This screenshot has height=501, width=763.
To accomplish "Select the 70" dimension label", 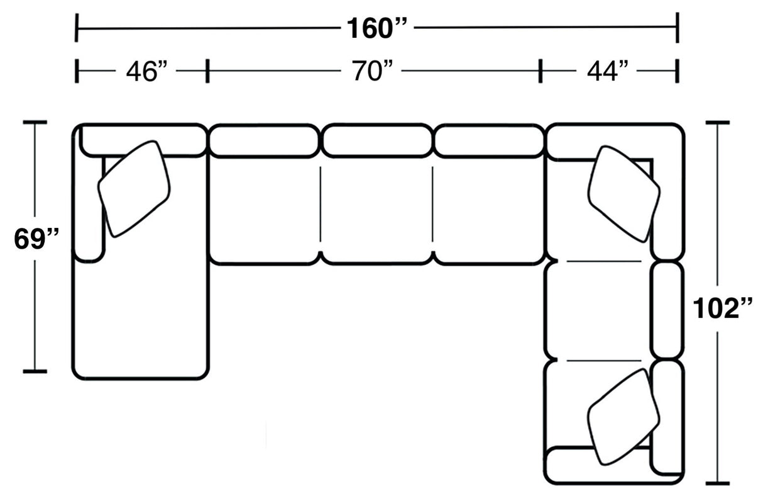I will click(376, 72).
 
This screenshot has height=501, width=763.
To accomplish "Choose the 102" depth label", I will click(722, 309).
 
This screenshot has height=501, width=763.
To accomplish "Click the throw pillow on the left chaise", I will click(134, 188).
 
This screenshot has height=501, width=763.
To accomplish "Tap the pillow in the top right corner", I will click(623, 193).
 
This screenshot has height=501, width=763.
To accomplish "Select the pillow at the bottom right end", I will click(623, 417).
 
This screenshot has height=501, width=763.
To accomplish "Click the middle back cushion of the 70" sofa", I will click(377, 141).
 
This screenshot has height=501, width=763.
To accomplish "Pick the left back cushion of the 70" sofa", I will click(264, 141).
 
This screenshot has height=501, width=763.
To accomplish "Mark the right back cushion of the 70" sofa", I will click(488, 141).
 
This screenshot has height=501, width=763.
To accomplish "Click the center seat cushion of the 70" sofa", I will click(376, 211).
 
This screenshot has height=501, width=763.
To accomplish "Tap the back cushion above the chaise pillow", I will click(143, 140).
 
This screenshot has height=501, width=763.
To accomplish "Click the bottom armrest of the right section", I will click(597, 466).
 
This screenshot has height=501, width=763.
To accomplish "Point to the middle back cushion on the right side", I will click(667, 310).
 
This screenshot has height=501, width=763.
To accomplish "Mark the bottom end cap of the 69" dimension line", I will click(35, 371).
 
